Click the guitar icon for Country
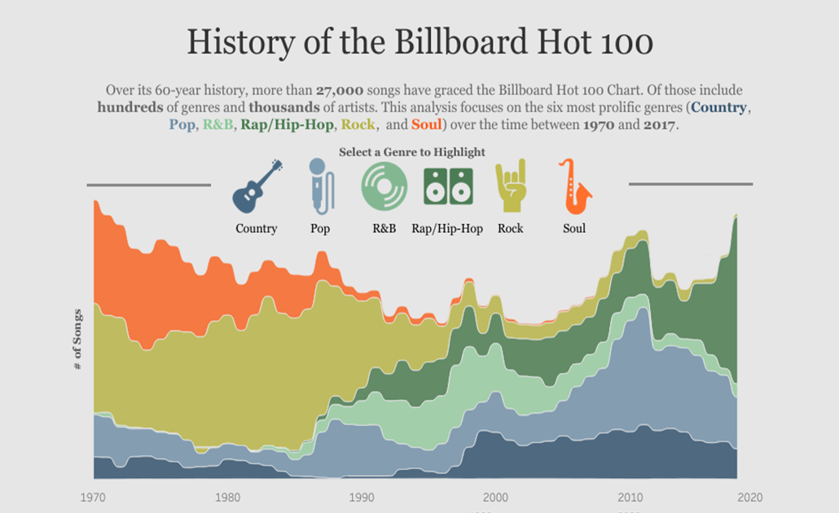point(257,186)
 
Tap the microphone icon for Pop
point(320,186)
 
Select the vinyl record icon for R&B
point(384,186)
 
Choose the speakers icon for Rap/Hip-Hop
point(447,186)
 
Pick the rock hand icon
point(511,186)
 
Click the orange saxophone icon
point(574,186)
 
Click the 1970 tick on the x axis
point(93,498)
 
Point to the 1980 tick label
point(227,498)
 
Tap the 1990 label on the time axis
point(361,498)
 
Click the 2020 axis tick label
point(749,498)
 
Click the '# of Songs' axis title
point(77,340)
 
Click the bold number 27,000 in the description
point(340,90)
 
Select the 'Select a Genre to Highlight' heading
point(412,152)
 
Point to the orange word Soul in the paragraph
point(427,125)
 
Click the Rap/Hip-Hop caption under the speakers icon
point(447,229)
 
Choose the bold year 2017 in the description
point(660,125)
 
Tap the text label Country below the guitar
point(257,229)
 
